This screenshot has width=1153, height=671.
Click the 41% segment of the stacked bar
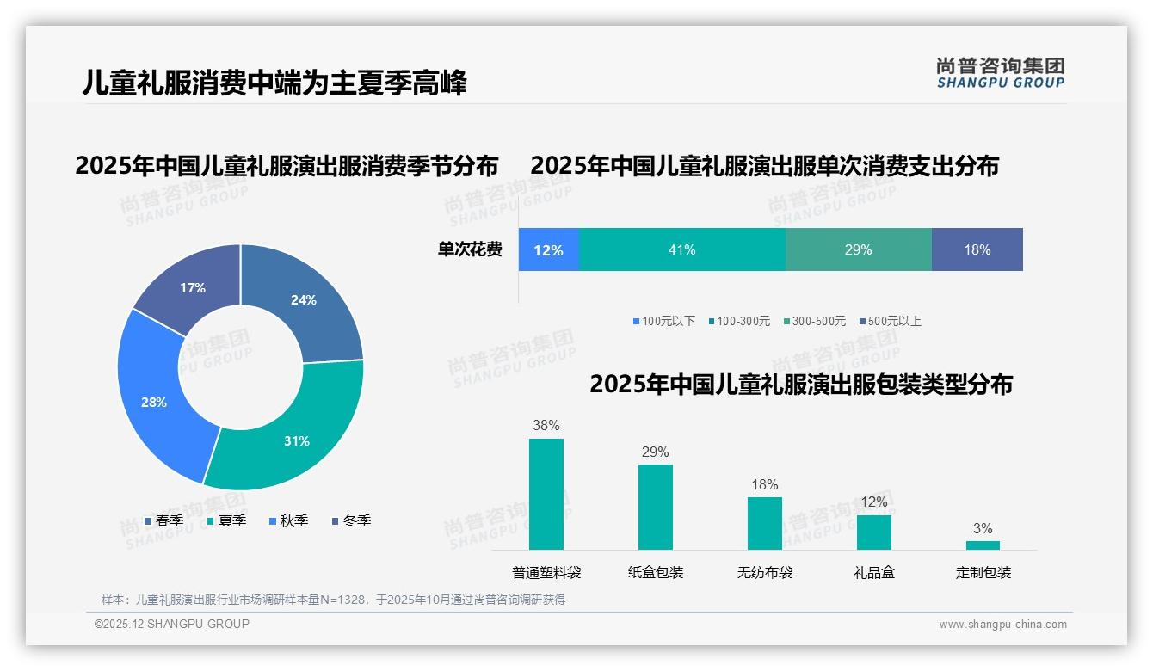[681, 249]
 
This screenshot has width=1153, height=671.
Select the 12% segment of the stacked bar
[548, 249]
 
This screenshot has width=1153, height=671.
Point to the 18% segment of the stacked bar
[977, 249]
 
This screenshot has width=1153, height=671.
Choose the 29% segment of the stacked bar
[858, 249]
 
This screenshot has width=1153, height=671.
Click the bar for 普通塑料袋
[546, 494]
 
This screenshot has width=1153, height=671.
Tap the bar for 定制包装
[983, 545]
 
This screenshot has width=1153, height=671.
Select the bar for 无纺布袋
[764, 523]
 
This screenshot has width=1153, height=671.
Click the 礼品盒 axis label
[873, 572]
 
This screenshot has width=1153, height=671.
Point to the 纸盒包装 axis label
[655, 572]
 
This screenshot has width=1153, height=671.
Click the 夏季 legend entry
[227, 520]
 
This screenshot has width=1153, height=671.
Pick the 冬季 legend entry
[351, 520]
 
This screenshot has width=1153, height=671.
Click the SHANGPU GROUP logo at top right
[1000, 72]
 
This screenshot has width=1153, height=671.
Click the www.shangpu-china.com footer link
[1002, 624]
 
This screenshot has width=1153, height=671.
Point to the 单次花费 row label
[470, 249]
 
